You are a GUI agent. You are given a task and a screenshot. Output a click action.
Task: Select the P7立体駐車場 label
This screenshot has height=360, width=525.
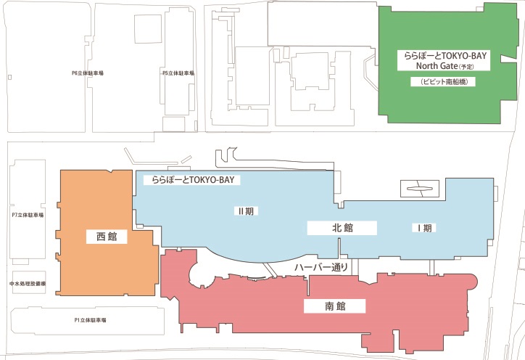[28, 216]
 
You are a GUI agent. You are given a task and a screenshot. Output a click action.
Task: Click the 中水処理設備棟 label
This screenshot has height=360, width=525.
[28, 283]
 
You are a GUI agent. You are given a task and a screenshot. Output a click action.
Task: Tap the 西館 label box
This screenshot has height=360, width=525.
[107, 237]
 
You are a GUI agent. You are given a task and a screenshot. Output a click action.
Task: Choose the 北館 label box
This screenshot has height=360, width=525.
[342, 228]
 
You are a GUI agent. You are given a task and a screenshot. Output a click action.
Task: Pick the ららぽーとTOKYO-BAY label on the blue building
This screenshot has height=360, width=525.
[192, 179]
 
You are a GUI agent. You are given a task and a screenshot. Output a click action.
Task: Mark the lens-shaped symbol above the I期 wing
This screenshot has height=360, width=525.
[419, 188]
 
